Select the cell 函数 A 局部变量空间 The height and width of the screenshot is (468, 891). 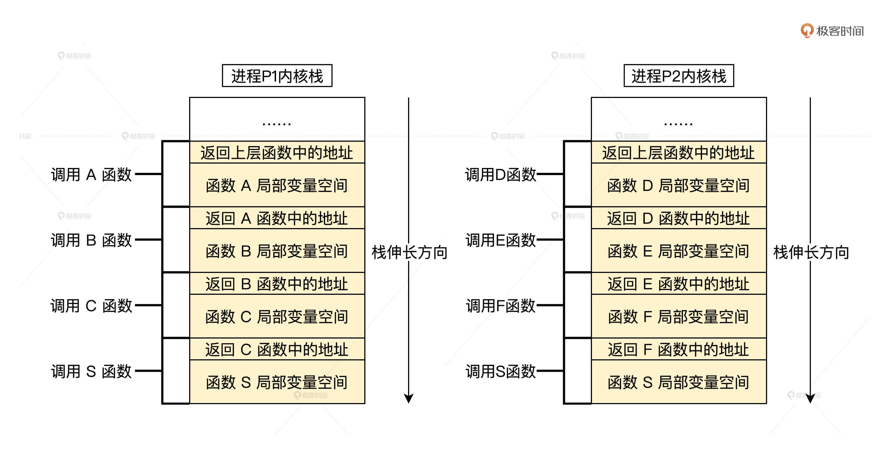coord(277,185)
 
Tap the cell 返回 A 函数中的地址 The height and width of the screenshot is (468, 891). coord(277,218)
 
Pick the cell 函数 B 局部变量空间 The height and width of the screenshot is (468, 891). coord(277,251)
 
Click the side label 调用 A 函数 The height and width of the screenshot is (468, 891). coord(91,174)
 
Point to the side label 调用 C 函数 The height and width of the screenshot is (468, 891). coord(91,306)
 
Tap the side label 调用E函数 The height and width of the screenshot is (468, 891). coord(500,240)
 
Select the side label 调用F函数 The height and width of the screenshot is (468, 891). coord(500,306)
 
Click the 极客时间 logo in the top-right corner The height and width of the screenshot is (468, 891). coord(832,31)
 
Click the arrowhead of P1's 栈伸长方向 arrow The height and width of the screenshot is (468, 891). coord(409,398)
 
